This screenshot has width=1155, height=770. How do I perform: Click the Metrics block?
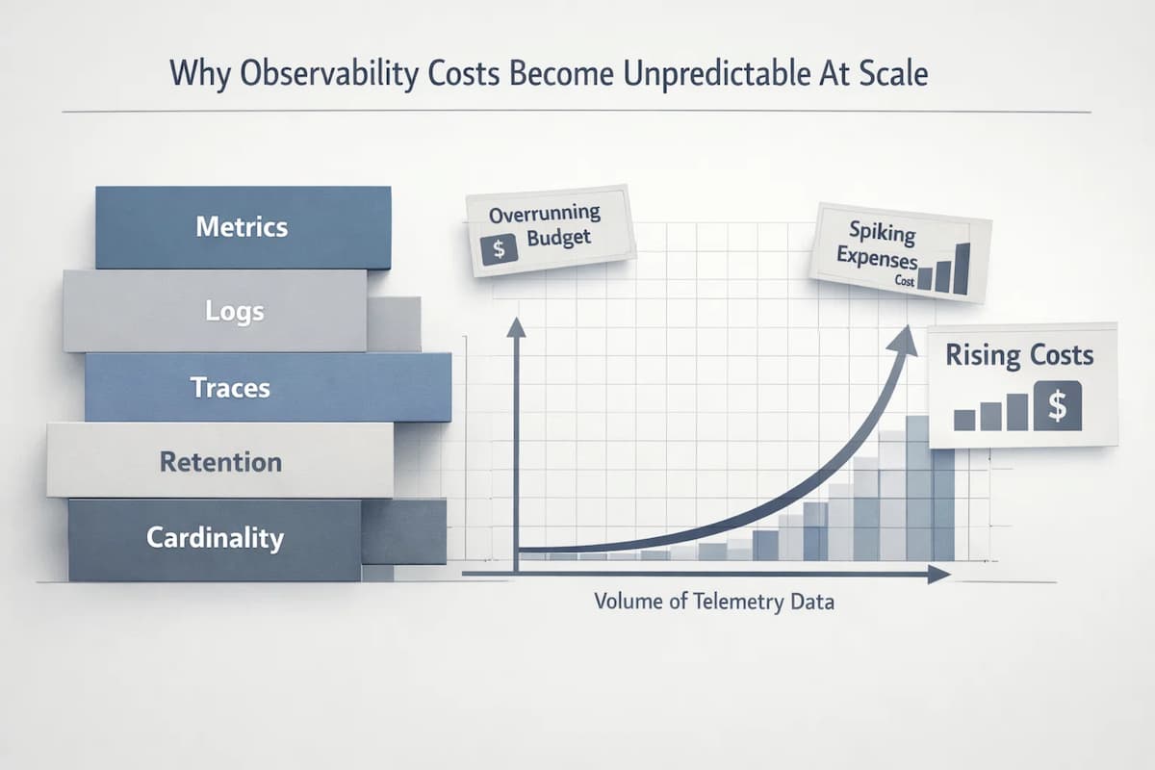243,227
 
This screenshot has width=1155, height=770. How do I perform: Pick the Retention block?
219,461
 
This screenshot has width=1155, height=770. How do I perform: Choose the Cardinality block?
215,537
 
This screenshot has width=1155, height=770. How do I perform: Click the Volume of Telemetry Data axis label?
714,603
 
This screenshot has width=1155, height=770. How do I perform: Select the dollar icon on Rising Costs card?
1057,406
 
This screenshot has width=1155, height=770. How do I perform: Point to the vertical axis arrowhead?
516,327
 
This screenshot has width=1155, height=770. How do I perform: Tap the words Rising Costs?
1019,355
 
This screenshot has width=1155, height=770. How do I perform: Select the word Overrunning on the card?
544,214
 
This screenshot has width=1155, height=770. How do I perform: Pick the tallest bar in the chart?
917,487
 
